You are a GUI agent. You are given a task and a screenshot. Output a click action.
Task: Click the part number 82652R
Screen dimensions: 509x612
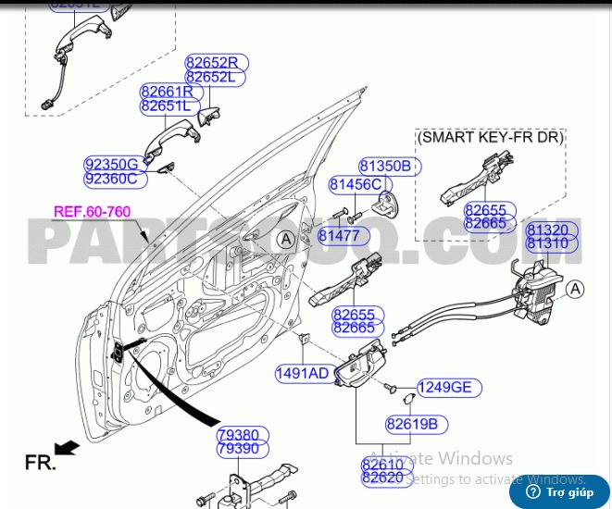[211, 63]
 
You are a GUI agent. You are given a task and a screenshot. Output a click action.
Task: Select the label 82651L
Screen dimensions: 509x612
[166, 106]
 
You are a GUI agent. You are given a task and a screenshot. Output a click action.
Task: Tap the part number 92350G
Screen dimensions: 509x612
[111, 165]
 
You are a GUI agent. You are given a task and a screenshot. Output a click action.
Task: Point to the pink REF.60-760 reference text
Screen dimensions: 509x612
[92, 211]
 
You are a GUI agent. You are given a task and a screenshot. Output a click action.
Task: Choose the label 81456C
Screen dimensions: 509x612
[356, 185]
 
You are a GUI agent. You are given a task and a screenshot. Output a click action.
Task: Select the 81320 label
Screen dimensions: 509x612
[547, 229]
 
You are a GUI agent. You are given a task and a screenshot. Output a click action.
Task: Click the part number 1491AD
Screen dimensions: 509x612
[302, 374]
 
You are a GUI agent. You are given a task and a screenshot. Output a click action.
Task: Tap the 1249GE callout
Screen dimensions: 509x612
[443, 388]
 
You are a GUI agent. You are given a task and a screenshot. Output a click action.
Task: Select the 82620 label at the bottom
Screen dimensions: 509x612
[382, 478]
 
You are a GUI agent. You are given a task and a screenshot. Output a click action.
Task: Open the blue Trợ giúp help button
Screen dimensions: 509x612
[559, 491]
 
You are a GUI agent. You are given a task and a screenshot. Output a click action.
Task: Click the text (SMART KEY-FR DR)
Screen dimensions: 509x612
[490, 137]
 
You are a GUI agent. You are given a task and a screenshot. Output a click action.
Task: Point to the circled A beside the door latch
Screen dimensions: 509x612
[575, 291]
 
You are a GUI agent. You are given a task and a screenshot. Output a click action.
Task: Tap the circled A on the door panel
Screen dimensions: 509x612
[286, 240]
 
